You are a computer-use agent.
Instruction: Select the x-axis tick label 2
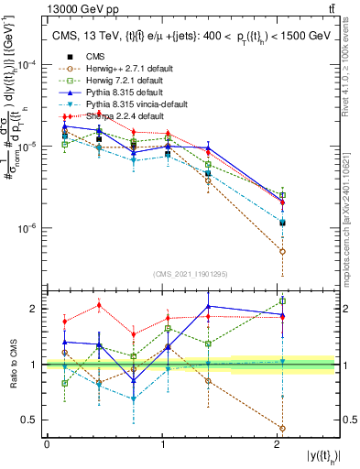pyautogui.click(x=278, y=444)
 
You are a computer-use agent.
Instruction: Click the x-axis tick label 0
pyautogui.click(x=47, y=444)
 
